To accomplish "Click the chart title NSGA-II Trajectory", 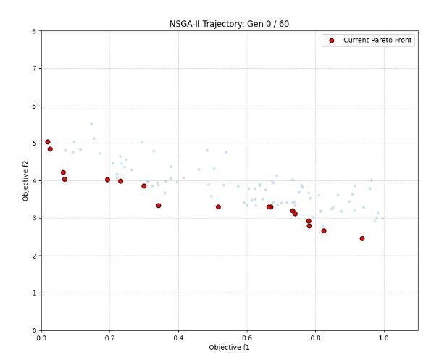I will tap(229, 24).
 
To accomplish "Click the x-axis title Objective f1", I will tap(229, 348).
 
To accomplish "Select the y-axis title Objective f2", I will tap(25, 181).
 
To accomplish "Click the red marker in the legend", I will tap(332, 41).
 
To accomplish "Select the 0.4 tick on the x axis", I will tap(178, 338).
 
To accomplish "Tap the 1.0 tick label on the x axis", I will tap(383, 338).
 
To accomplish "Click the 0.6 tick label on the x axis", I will tap(246, 338).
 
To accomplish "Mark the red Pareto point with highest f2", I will tap(48, 142).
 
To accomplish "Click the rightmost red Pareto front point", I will tap(362, 238).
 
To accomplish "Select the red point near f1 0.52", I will tap(218, 207).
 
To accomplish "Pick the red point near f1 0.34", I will tap(159, 206).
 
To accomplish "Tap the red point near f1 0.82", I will tap(324, 231).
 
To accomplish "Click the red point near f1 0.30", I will tap(144, 186).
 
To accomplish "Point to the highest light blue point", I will tap(91, 124).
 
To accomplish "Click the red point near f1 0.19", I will tap(107, 180).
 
